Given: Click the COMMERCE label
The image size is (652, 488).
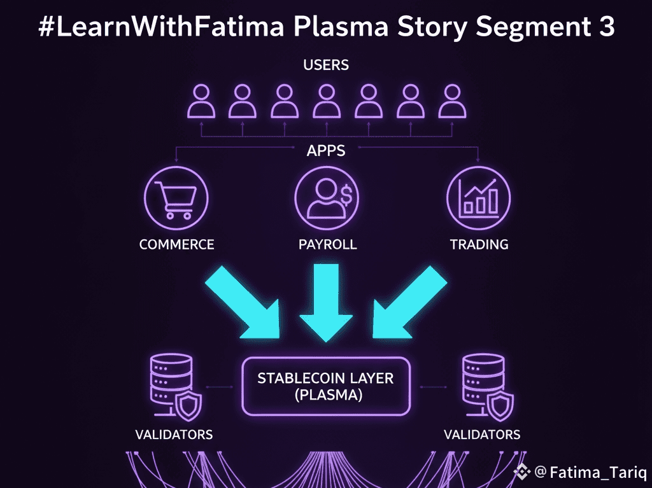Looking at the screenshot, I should pyautogui.click(x=176, y=244).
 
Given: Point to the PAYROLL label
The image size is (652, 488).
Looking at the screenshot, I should pyautogui.click(x=327, y=244).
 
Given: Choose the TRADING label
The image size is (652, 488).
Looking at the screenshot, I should pyautogui.click(x=479, y=244).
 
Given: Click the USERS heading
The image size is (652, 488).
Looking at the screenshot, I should pyautogui.click(x=326, y=64).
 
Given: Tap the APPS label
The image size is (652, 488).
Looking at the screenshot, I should pyautogui.click(x=327, y=151).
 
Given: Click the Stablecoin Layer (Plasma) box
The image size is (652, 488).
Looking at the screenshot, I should pyautogui.click(x=326, y=386).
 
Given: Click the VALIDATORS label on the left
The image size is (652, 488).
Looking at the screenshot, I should pyautogui.click(x=174, y=435).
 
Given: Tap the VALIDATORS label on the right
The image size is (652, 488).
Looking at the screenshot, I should pyautogui.click(x=481, y=435).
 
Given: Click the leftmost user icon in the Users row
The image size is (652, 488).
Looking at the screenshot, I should pyautogui.click(x=201, y=102).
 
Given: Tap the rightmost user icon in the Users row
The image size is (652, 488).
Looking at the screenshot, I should pyautogui.click(x=451, y=102).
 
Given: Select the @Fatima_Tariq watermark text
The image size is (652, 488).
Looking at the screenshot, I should pyautogui.click(x=590, y=473).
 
